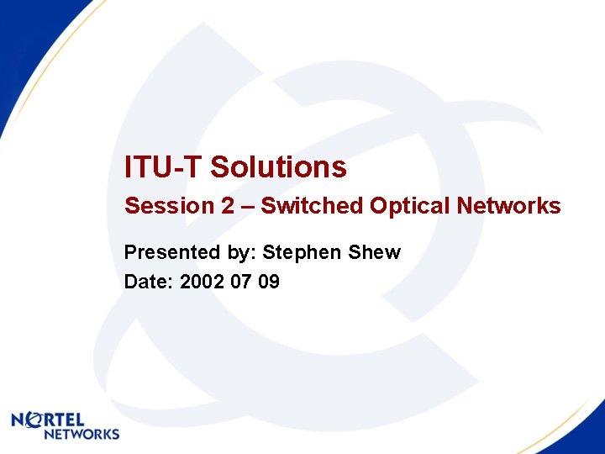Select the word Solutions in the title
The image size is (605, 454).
point(278,167)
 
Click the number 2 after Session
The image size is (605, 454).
point(228,206)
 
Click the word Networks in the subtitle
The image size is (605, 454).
point(508,206)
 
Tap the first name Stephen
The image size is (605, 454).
point(304,252)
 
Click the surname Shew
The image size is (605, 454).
point(376,252)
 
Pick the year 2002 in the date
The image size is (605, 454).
point(202,282)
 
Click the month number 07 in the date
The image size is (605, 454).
point(241,282)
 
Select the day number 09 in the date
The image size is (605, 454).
point(269,282)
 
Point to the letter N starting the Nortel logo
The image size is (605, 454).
point(18,420)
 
